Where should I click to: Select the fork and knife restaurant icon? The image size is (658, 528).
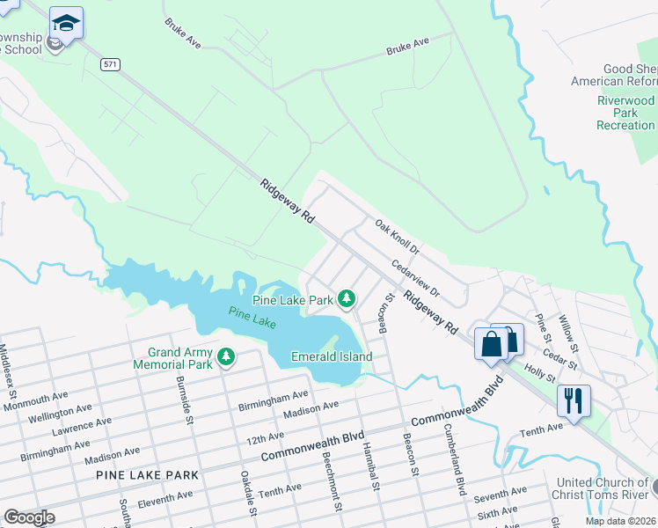574,400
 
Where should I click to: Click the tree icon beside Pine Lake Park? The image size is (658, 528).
347,299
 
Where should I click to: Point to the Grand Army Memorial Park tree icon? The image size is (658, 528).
227,356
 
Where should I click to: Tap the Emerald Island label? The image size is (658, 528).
332,356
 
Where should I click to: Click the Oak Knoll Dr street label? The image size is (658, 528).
399,238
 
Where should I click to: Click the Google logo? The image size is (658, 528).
29,517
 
